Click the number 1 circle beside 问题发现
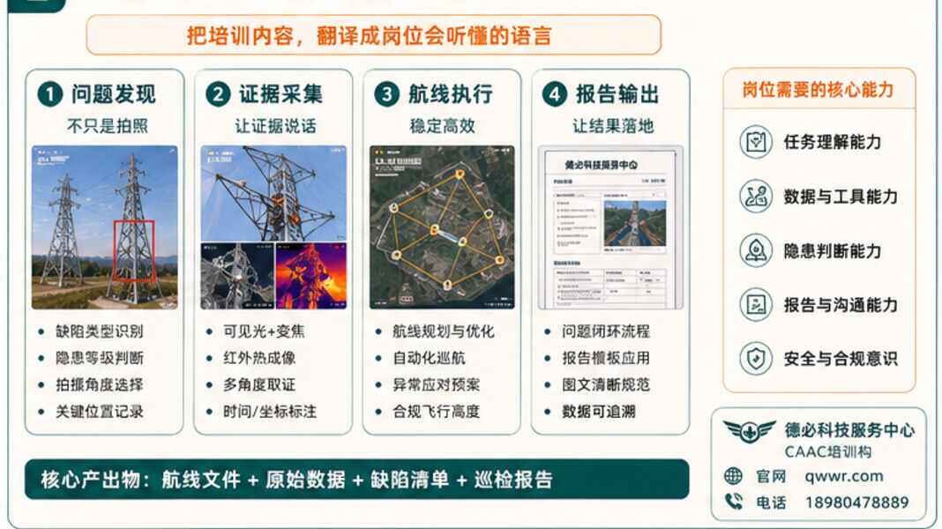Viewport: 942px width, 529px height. click(50, 93)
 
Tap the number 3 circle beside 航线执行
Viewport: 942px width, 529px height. click(387, 93)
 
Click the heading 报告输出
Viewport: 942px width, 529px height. click(618, 93)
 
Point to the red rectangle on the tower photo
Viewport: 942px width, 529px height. click(134, 250)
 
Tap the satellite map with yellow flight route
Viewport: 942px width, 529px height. click(441, 227)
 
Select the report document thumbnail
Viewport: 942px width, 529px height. click(610, 227)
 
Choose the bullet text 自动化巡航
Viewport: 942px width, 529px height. click(429, 358)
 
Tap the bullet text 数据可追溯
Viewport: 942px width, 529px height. click(599, 411)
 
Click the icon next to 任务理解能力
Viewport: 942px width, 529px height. click(755, 142)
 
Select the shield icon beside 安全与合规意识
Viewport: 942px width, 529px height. click(755, 359)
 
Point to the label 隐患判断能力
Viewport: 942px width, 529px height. click(832, 251)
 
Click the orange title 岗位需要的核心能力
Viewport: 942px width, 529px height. click(819, 90)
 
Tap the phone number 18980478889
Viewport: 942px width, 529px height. click(856, 503)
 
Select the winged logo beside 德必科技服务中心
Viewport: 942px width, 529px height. click(750, 432)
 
